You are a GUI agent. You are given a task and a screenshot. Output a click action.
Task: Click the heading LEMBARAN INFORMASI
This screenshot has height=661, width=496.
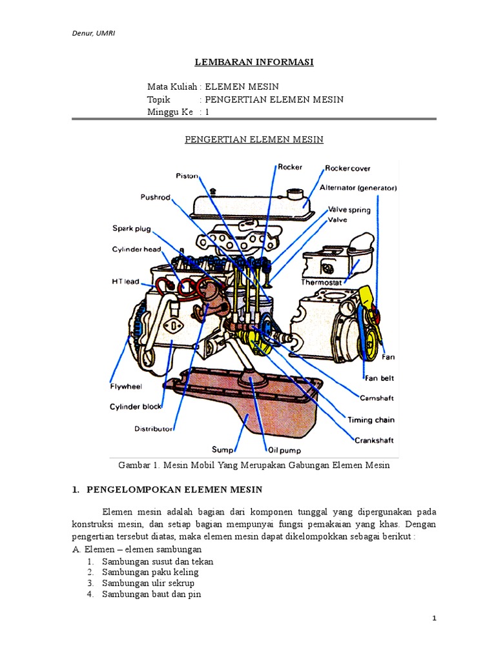pos(254,62)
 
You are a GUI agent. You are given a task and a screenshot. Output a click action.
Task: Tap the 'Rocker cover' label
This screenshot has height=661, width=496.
pos(347,168)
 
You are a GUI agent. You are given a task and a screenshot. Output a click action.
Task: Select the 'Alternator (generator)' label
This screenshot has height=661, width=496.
pos(358,188)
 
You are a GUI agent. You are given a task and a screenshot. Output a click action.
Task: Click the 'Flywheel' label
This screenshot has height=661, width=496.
pos(125,387)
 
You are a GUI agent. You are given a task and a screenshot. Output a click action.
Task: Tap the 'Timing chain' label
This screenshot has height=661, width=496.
pos(371,420)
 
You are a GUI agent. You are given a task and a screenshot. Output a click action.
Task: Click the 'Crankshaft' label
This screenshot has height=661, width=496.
pos(375,440)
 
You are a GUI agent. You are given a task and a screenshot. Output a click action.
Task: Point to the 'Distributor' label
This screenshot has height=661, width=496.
pos(154,428)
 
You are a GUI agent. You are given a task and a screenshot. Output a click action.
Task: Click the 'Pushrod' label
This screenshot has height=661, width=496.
pos(155,198)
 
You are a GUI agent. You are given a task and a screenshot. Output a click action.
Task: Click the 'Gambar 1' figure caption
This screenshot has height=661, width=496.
pos(254,465)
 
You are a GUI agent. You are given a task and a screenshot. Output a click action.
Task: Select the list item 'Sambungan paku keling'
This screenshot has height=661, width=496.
pos(150,572)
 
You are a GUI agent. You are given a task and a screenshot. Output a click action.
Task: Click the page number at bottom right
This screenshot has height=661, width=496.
pos(435,618)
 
